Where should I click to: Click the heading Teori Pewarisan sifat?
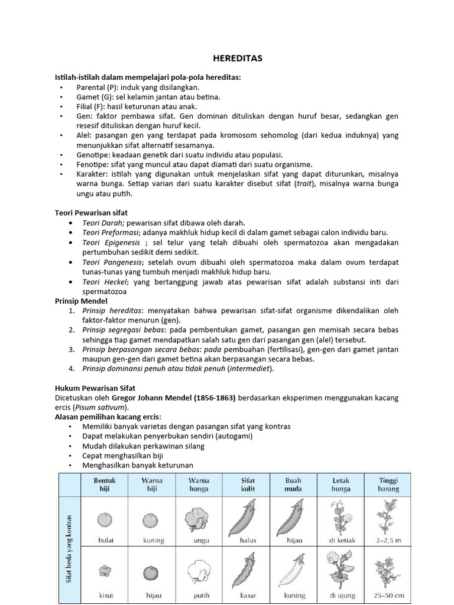(91, 213)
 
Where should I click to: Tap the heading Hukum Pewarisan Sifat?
(95, 388)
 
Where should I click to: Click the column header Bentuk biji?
(105, 484)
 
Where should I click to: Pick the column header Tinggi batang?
(388, 484)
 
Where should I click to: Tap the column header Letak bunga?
(341, 484)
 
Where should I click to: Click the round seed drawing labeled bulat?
(105, 519)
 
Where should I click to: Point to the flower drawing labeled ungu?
(198, 518)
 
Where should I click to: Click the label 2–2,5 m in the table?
(388, 540)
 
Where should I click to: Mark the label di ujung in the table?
(341, 595)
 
